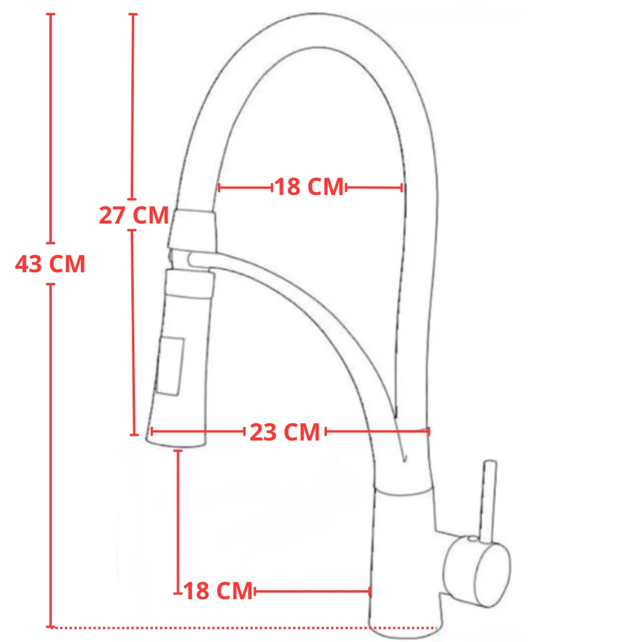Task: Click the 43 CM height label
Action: click(x=50, y=264)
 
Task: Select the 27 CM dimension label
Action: click(x=134, y=215)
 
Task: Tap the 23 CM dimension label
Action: click(x=285, y=432)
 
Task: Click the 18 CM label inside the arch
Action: click(x=309, y=187)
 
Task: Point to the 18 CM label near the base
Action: click(x=218, y=591)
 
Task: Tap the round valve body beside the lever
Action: click(x=477, y=571)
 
